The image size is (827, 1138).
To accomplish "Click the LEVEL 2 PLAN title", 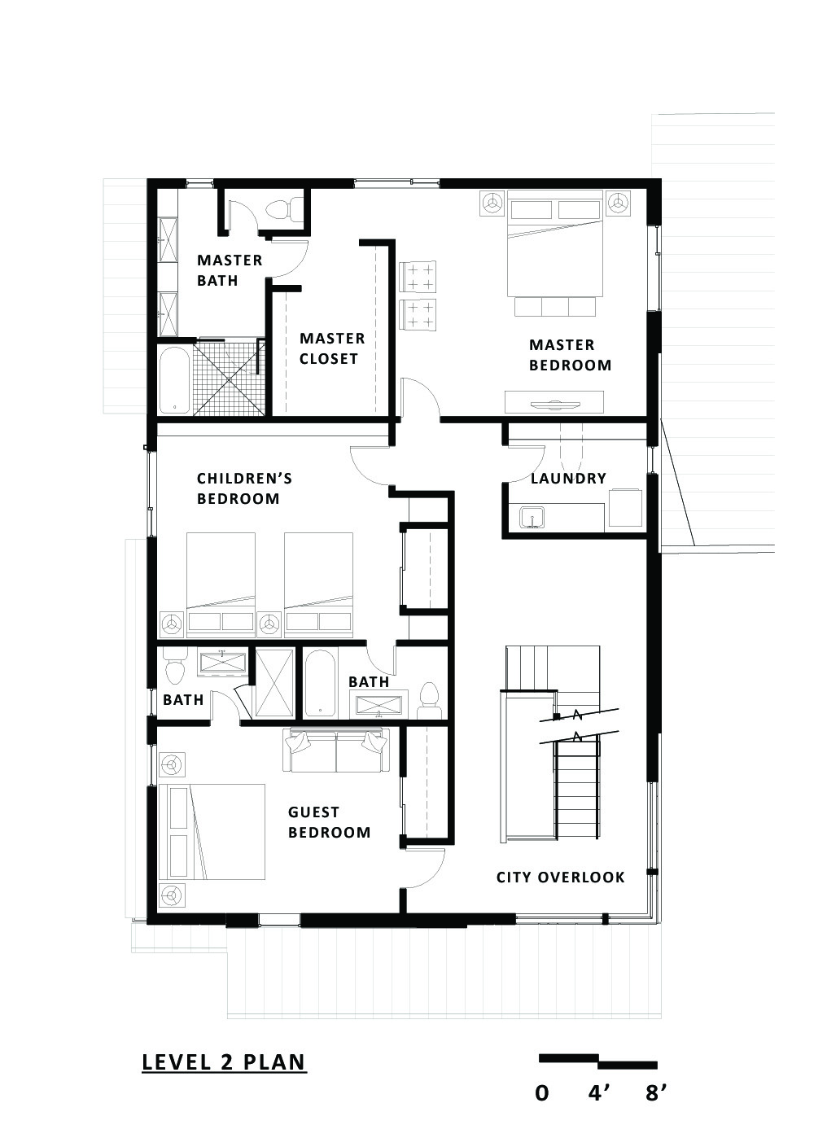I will click(224, 1062).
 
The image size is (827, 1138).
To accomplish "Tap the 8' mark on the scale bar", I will click(656, 1092).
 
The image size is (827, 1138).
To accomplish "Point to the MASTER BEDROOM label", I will click(570, 355).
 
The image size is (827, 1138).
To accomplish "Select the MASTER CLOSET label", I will click(331, 348).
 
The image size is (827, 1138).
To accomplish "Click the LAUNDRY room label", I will click(568, 479).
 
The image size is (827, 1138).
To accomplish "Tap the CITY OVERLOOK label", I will click(560, 877).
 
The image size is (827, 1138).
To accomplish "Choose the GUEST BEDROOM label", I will click(329, 822).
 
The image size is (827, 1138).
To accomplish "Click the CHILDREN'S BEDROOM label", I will click(243, 488).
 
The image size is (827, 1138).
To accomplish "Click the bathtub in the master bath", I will click(173, 381).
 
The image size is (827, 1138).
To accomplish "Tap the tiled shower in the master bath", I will click(228, 379).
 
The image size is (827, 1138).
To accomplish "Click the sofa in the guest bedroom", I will click(335, 751).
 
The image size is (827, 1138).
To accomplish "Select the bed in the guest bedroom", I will click(213, 831).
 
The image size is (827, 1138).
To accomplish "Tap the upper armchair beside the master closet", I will click(418, 275).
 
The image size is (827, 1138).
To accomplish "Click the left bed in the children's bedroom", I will click(221, 583).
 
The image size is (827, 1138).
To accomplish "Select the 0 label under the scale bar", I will click(541, 1092).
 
